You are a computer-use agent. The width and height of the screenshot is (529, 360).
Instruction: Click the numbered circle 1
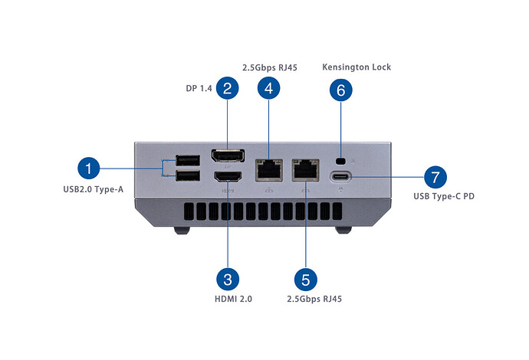90,169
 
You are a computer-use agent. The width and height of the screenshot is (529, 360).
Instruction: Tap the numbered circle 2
226,88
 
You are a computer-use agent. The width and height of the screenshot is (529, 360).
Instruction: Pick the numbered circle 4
268,88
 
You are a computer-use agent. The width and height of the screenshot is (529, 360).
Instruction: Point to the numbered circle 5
305,277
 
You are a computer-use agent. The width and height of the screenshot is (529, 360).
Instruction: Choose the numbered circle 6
342,90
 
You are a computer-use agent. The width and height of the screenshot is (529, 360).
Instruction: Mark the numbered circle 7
435,178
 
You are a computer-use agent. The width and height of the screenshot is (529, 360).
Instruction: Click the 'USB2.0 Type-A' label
94,189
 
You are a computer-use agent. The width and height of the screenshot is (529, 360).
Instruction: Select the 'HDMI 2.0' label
229,298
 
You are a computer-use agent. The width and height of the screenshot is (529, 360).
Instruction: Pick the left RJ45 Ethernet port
268,169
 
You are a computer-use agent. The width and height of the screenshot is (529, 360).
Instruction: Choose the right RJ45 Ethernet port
305,169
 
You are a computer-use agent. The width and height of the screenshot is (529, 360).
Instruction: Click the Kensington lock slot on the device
342,161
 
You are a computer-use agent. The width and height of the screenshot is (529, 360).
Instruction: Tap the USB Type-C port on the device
342,178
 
